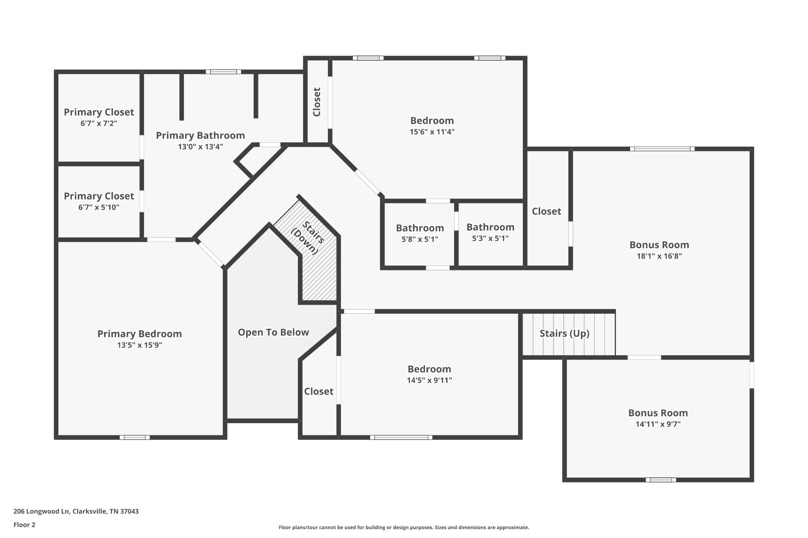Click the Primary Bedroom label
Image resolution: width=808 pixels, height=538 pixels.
point(140,334)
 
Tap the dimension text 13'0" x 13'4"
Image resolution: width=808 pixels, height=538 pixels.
point(200,147)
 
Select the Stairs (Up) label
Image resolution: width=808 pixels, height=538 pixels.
point(565,333)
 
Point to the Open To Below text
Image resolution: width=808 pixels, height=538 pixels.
point(273,332)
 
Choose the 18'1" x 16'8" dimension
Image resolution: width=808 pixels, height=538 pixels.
point(659,256)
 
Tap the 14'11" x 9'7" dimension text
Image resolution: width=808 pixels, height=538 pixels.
point(658,424)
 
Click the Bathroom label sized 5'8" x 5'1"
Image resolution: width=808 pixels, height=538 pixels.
point(420,228)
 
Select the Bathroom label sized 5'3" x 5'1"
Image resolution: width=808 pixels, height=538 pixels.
point(490,227)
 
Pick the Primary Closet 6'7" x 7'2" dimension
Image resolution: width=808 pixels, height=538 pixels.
point(99,123)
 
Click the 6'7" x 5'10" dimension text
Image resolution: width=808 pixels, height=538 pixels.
point(99,207)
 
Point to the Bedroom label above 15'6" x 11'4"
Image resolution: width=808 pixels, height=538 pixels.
point(432,121)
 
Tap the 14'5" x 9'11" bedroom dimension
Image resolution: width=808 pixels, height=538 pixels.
point(429,380)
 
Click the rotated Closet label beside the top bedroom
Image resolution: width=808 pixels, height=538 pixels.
point(316,102)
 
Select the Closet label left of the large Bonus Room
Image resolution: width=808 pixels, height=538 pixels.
point(546,211)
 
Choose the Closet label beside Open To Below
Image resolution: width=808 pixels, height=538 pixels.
point(319,391)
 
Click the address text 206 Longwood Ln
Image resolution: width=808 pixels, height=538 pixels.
point(41,512)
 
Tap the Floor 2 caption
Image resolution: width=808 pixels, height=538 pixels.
point(24,525)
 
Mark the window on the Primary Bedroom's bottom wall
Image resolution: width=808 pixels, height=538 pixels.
point(135,437)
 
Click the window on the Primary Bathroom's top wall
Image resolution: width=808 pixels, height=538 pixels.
point(223,72)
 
